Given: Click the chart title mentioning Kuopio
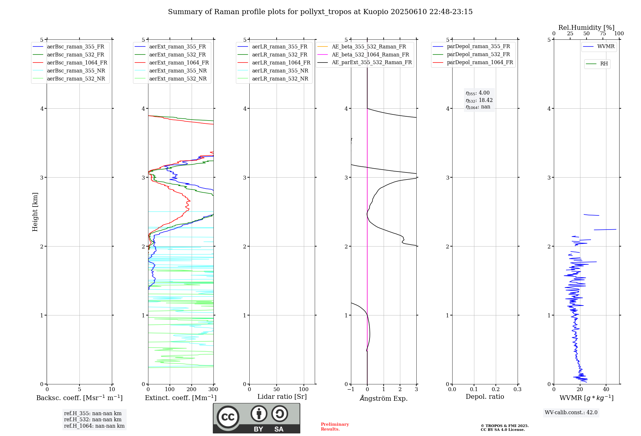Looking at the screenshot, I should pyautogui.click(x=320, y=12).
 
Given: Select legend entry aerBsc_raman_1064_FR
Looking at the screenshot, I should pyautogui.click(x=77, y=63).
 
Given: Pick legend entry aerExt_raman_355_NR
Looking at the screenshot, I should pyautogui.click(x=178, y=71).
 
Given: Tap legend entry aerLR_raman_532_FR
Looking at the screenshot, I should pyautogui.click(x=279, y=55).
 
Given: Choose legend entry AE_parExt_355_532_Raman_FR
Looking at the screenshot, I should pyautogui.click(x=371, y=63).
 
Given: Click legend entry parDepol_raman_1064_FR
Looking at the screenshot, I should pyautogui.click(x=480, y=63).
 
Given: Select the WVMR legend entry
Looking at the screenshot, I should pyautogui.click(x=606, y=46).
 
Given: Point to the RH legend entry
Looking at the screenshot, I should pyautogui.click(x=604, y=64).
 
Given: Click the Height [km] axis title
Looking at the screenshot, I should pyautogui.click(x=35, y=212).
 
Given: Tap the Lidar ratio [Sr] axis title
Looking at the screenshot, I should pyautogui.click(x=282, y=397).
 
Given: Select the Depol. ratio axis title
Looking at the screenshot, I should pyautogui.click(x=485, y=397).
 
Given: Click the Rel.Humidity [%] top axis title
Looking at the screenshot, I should pyautogui.click(x=586, y=28).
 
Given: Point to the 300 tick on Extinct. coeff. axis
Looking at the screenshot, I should pyautogui.click(x=213, y=390).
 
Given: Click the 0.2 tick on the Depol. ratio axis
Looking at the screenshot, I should pyautogui.click(x=495, y=390).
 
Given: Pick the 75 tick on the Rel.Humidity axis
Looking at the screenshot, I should pyautogui.click(x=603, y=34).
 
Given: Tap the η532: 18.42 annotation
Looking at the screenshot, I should pyautogui.click(x=479, y=100).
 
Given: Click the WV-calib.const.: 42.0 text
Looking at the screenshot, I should pyautogui.click(x=571, y=413).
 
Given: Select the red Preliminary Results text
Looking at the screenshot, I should pyautogui.click(x=335, y=427).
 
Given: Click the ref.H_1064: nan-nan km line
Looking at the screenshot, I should pyautogui.click(x=94, y=426).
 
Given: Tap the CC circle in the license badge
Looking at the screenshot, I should pyautogui.click(x=228, y=417).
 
